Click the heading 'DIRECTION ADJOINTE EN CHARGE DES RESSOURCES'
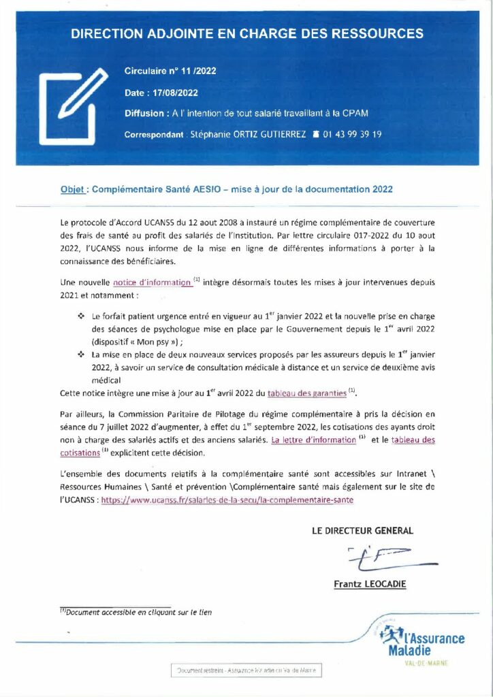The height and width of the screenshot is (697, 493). tap(247, 33)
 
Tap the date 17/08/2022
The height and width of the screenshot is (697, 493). tap(176, 93)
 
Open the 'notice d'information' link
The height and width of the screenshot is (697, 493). tap(153, 282)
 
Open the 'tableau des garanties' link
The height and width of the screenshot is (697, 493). tap(307, 393)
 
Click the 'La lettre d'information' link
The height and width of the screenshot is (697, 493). tap(314, 440)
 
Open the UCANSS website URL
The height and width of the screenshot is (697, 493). tap(227, 500)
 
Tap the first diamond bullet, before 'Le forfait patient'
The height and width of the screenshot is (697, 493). tap(81, 317)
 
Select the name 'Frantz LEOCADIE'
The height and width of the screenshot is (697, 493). tap(368, 584)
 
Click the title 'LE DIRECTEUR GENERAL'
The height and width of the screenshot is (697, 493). tap(362, 530)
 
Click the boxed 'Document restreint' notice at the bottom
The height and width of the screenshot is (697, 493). tap(246, 670)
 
